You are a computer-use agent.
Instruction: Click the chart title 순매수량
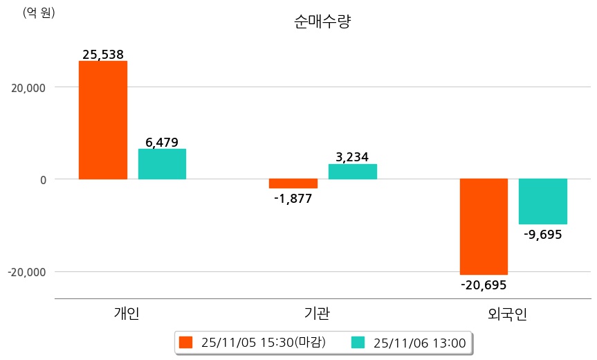tap(323, 21)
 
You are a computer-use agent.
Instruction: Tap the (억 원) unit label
tap(39, 12)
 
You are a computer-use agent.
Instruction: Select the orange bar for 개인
tap(102, 120)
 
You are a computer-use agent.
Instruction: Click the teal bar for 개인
tap(162, 164)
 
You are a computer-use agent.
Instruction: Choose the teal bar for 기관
tap(352, 172)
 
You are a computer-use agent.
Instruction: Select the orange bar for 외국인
tap(484, 226)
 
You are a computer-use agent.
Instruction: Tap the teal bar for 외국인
tap(543, 201)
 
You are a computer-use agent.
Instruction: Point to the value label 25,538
tap(102, 54)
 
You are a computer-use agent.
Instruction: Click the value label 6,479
tap(162, 143)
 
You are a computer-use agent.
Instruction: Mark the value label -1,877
tap(293, 199)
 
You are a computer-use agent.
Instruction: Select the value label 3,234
tap(352, 157)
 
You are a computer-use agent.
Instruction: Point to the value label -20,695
tap(484, 285)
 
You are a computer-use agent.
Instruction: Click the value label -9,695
tap(543, 234)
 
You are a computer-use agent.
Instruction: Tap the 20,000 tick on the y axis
tap(27, 87)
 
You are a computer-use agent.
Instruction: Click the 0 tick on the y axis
tap(42, 179)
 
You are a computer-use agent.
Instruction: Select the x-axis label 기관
tap(317, 314)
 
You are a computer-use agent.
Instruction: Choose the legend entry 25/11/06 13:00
tap(410, 342)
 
